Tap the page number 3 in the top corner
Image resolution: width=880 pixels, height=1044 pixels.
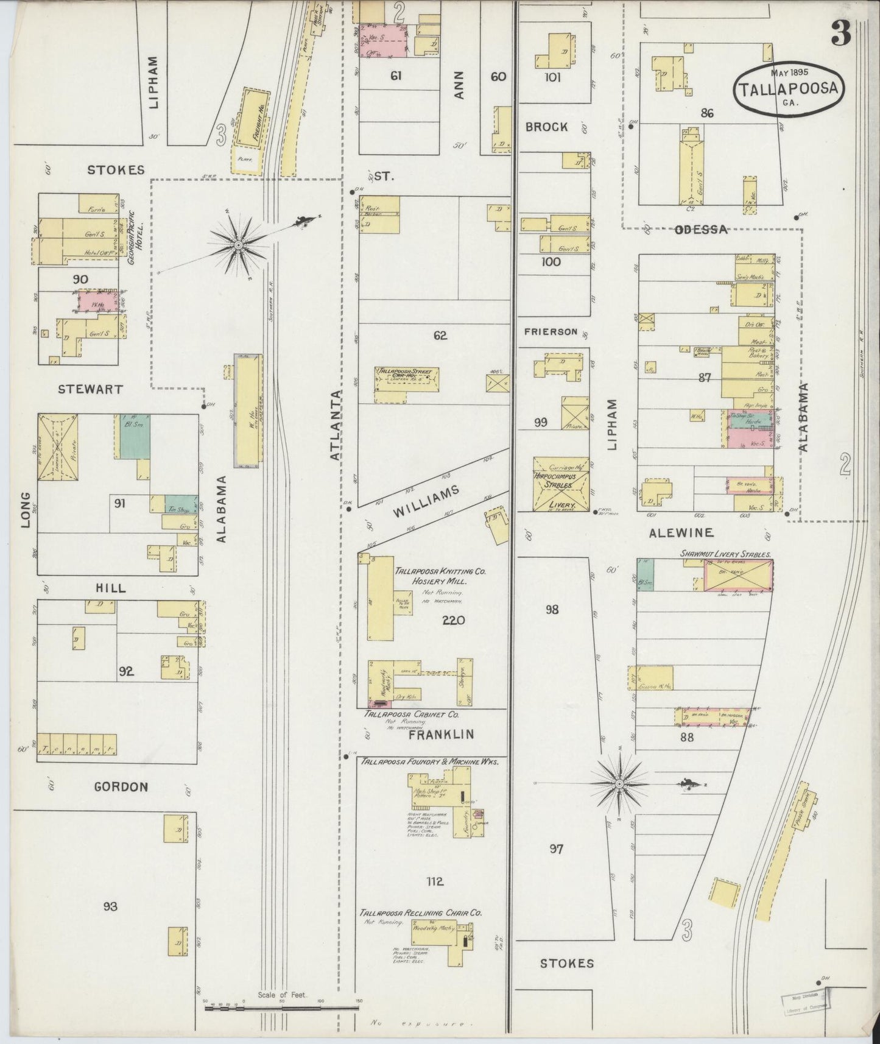841,35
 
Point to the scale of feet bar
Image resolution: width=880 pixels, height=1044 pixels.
281,1009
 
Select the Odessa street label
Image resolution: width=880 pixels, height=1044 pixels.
701,230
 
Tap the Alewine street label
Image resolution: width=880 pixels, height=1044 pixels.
681,533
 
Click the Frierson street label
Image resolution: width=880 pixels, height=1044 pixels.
551,332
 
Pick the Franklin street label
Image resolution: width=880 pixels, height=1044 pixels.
441,735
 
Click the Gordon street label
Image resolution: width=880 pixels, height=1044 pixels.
121,787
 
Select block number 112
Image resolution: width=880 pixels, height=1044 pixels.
435,881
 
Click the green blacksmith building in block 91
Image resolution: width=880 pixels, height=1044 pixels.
135,438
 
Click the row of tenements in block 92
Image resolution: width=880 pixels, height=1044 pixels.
77,744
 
